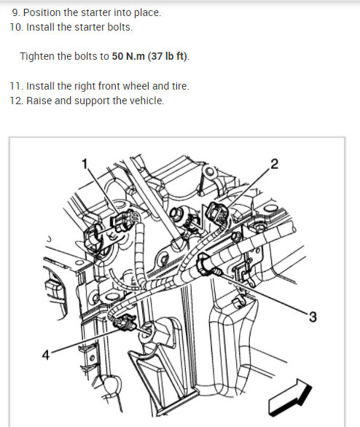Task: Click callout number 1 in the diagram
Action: (85, 164)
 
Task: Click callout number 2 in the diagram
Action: (274, 164)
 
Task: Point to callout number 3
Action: (313, 317)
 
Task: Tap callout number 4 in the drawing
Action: (46, 355)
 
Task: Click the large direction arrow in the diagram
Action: (290, 397)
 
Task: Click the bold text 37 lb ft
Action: (167, 56)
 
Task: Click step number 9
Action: (16, 12)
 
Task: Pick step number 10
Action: (16, 27)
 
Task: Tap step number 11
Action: (16, 86)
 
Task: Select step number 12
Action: (16, 101)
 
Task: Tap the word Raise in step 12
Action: (39, 101)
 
